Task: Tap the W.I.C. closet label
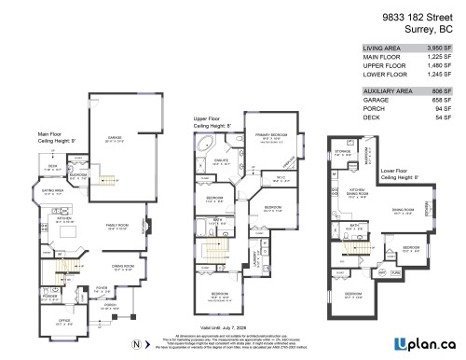(x=279, y=176)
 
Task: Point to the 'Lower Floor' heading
(x=399, y=171)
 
